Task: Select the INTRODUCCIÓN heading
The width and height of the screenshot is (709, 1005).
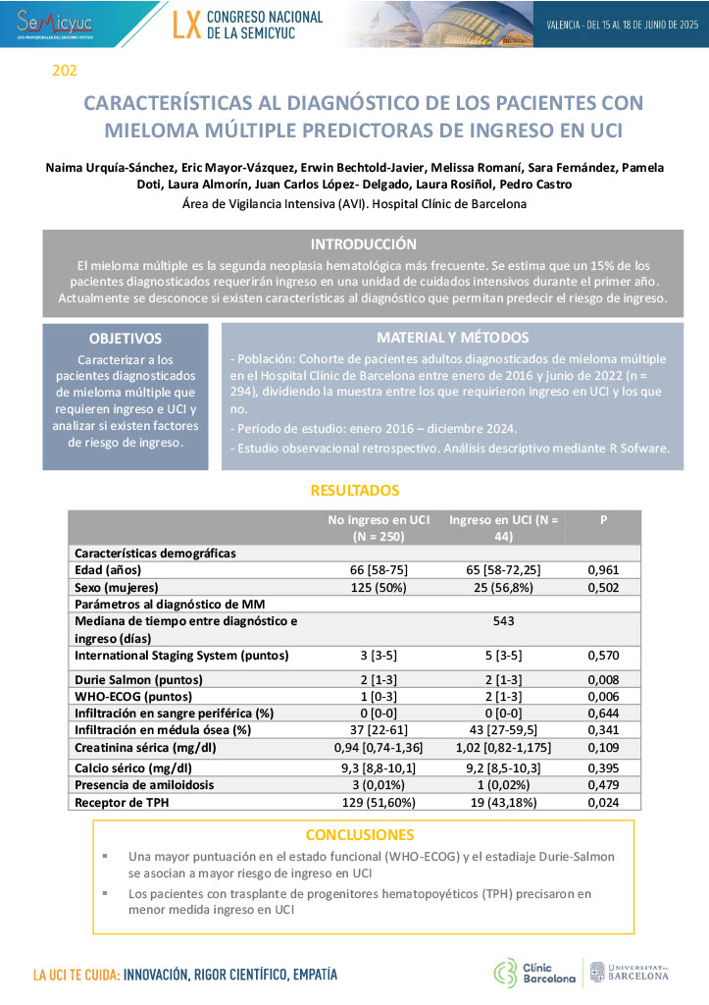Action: coord(363,244)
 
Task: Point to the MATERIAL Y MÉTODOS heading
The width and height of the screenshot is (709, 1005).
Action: coord(452,338)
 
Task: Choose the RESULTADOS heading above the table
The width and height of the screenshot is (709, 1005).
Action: coord(354,490)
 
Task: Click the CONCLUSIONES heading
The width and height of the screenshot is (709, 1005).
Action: coord(359,835)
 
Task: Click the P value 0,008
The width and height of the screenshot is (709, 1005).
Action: coord(603,679)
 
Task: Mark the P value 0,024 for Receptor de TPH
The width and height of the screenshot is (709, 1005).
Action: coord(603,802)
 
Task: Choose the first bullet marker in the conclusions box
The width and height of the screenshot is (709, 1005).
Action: coord(105,857)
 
